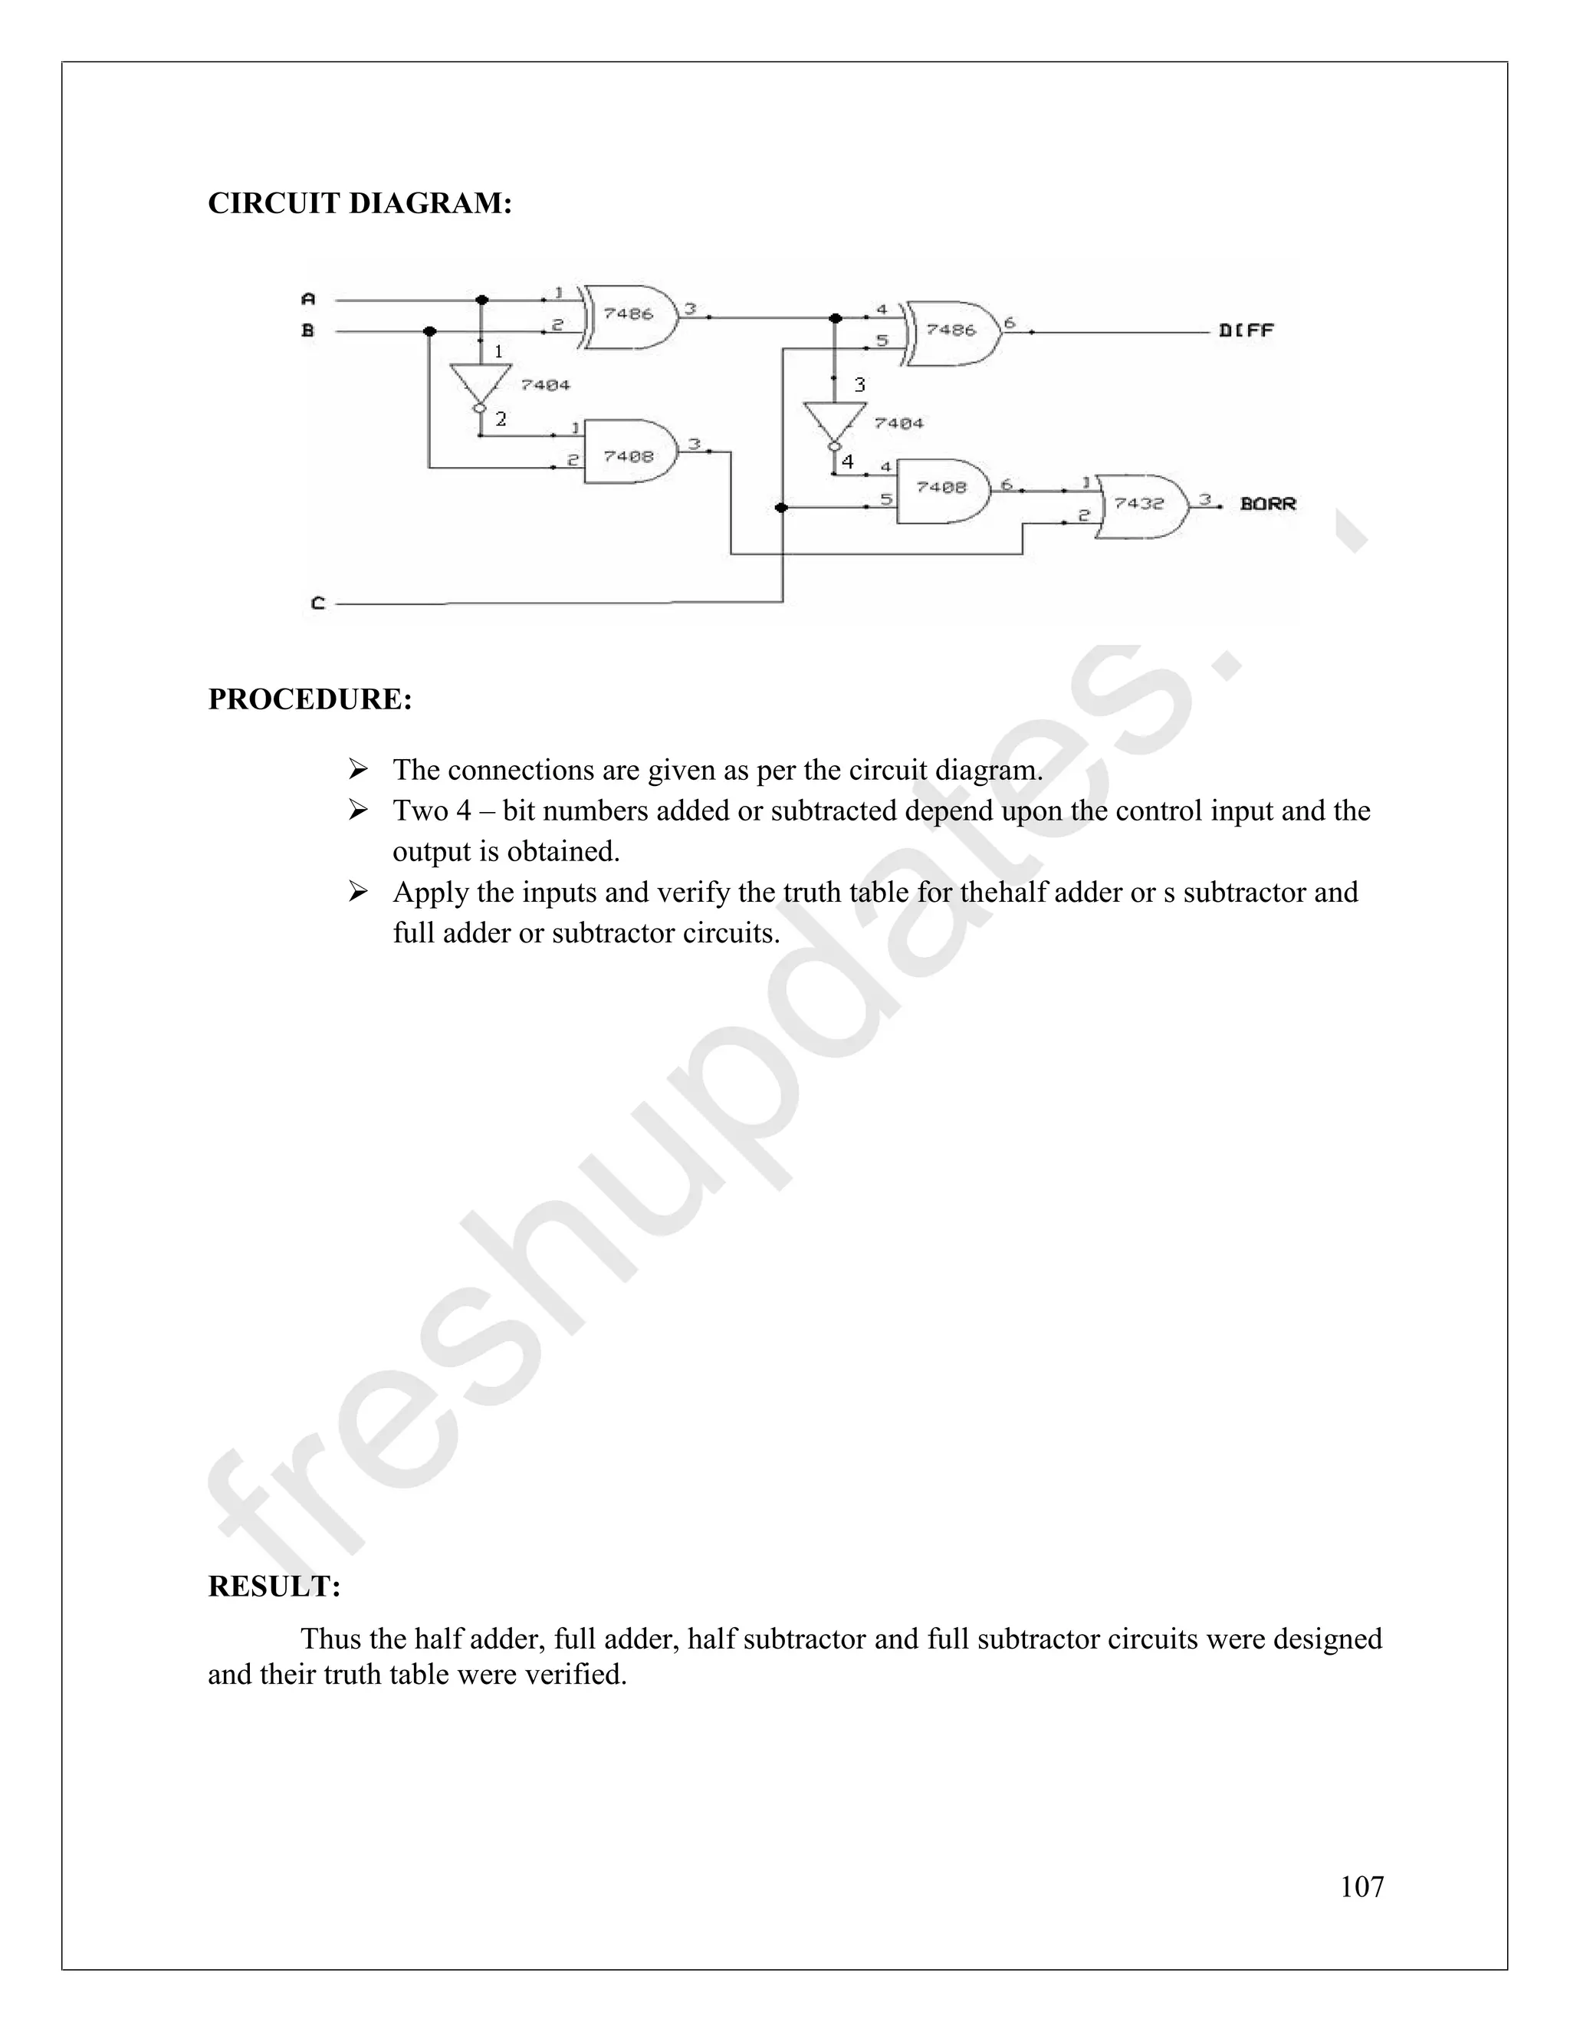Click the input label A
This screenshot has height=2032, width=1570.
[309, 298]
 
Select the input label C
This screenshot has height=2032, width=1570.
[318, 603]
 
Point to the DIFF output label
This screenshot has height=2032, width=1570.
[1246, 330]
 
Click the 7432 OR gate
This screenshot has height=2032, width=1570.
[1140, 505]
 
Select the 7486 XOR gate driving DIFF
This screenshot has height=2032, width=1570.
[951, 331]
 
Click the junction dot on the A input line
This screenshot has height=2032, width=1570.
[481, 300]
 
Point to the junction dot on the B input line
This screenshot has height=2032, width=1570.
[429, 331]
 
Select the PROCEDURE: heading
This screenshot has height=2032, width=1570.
[310, 699]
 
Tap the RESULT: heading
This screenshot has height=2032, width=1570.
[274, 1586]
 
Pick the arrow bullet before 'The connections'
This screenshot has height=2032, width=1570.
[358, 769]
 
